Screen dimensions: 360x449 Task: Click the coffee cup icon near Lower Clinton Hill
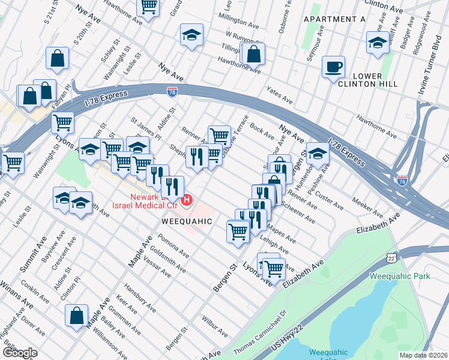[x=333, y=67]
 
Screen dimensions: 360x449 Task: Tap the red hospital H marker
[x=187, y=199]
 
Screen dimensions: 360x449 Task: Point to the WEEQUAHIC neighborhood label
[x=187, y=221]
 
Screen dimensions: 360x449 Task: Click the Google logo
[x=20, y=353]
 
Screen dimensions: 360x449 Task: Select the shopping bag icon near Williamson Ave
[x=77, y=316]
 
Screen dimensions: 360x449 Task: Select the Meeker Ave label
[x=367, y=207]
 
